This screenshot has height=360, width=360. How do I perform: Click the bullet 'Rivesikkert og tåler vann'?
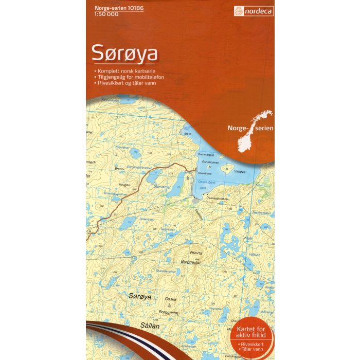coord(125,83)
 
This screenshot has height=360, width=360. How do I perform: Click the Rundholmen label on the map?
coord(211,161)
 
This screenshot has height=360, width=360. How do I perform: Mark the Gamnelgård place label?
coord(206,155)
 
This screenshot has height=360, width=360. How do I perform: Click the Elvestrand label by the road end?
coord(205,173)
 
